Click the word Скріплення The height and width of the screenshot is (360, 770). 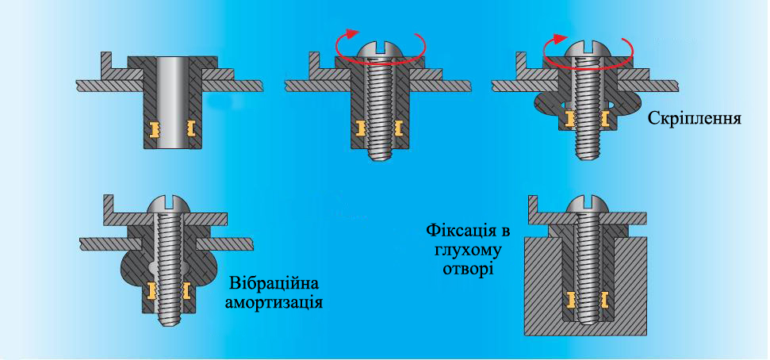[x=695, y=118]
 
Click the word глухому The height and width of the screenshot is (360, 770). [x=468, y=251]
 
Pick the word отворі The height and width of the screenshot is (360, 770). [x=468, y=270]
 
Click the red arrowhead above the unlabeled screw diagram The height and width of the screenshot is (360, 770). [x=351, y=33]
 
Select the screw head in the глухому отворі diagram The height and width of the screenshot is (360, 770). [x=588, y=205]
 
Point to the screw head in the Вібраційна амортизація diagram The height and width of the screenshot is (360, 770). [x=169, y=205]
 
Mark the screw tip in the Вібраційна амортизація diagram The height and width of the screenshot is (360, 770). [x=169, y=321]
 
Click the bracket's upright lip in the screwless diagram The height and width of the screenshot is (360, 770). [x=106, y=65]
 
